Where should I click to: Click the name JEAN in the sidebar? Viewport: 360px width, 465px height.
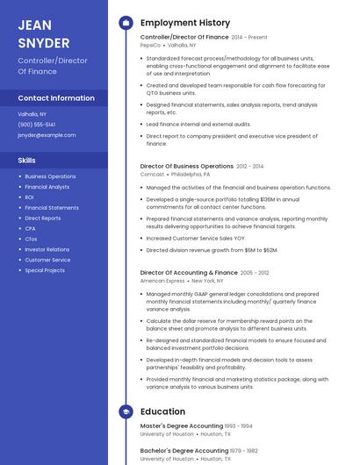[34, 24]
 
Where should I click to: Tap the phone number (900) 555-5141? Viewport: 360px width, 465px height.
[37, 125]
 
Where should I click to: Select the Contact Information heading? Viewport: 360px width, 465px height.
[56, 98]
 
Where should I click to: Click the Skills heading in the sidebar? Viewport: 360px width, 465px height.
[27, 161]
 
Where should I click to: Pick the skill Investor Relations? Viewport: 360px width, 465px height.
[47, 249]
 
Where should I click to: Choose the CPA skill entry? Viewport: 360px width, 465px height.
[31, 228]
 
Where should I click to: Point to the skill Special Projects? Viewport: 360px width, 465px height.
[45, 270]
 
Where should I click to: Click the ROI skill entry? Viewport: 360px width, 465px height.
[30, 197]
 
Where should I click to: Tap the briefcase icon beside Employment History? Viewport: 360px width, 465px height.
[126, 22]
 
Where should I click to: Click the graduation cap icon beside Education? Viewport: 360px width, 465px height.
[126, 411]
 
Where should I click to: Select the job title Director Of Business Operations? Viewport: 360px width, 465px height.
[186, 166]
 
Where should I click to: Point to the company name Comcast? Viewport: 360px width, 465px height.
[152, 174]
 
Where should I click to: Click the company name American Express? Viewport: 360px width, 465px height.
[162, 281]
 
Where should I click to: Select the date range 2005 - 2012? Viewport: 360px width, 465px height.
[255, 273]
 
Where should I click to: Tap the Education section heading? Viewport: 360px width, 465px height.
[162, 411]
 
